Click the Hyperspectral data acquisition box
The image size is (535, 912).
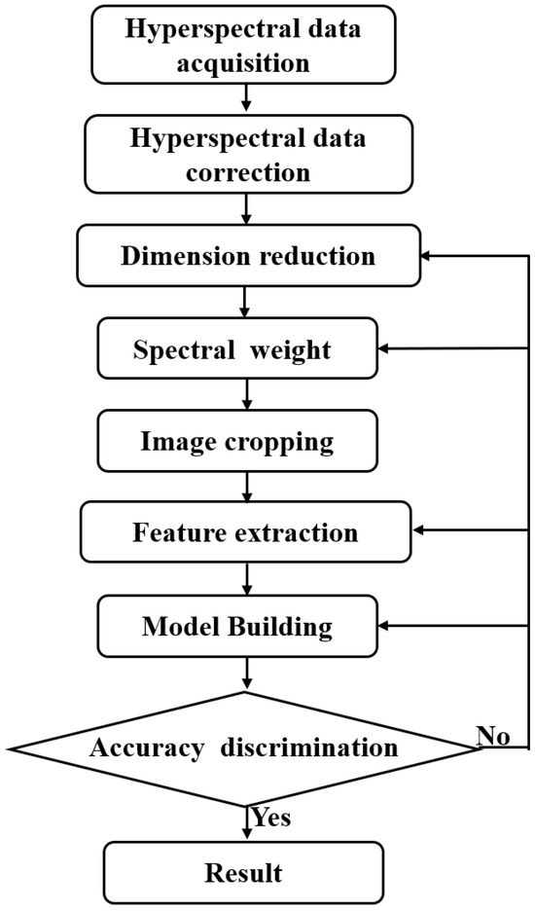pos(244,46)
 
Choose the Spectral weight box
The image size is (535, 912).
pos(237,349)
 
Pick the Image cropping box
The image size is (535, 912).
pos(237,442)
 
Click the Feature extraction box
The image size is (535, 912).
pos(247,533)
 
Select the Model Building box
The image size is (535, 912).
pos(237,626)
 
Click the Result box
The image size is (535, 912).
pos(243,872)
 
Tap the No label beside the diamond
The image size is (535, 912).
pos(493,736)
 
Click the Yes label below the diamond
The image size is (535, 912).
pos(271,817)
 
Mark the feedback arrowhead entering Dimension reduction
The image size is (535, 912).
pos(424,257)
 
